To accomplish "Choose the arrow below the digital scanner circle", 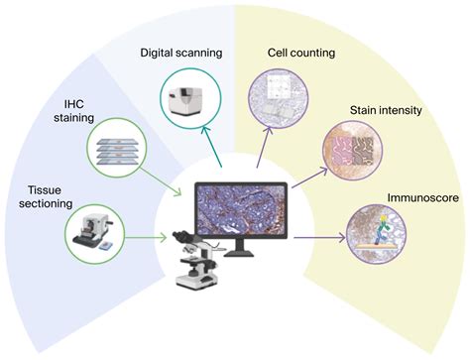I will (x=211, y=151).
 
